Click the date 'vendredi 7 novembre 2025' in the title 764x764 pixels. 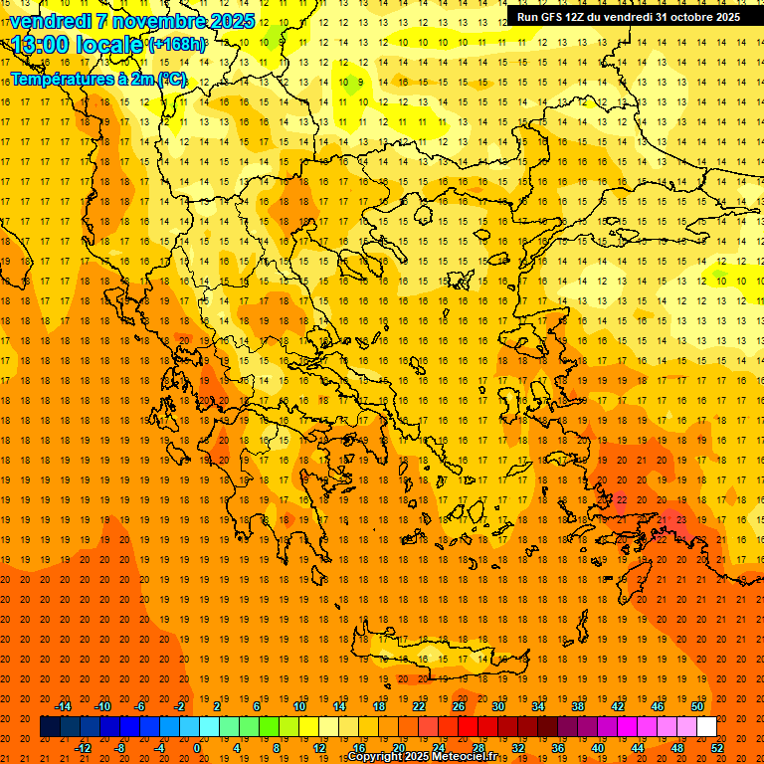pyautogui.click(x=132, y=21)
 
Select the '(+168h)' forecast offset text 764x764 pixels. pyautogui.click(x=177, y=44)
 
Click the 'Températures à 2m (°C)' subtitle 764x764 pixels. pyautogui.click(x=97, y=78)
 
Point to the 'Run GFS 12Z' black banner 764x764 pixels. pyautogui.click(x=628, y=17)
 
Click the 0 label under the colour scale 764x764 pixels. pyautogui.click(x=197, y=748)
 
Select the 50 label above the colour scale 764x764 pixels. pyautogui.click(x=697, y=706)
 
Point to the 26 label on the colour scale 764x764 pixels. pyautogui.click(x=459, y=706)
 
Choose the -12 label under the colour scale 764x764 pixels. pyautogui.click(x=83, y=748)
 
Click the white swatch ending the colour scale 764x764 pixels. pyautogui.click(x=706, y=727)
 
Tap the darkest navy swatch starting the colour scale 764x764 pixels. pyautogui.click(x=50, y=727)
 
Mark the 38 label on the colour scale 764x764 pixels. pyautogui.click(x=578, y=706)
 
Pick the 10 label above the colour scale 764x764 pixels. pyautogui.click(x=299, y=706)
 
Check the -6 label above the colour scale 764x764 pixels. pyautogui.click(x=141, y=706)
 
